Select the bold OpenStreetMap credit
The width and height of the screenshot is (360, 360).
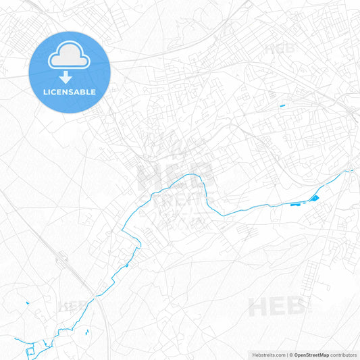311,354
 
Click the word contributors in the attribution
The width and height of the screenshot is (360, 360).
344,354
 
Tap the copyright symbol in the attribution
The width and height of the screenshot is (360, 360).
291,354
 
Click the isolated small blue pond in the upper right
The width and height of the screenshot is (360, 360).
282,105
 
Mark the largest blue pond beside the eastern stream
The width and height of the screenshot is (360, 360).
314,198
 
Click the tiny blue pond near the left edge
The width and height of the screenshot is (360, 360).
27,303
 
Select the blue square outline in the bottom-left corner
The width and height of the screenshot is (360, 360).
30,353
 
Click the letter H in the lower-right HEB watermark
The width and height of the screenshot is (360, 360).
259,308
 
